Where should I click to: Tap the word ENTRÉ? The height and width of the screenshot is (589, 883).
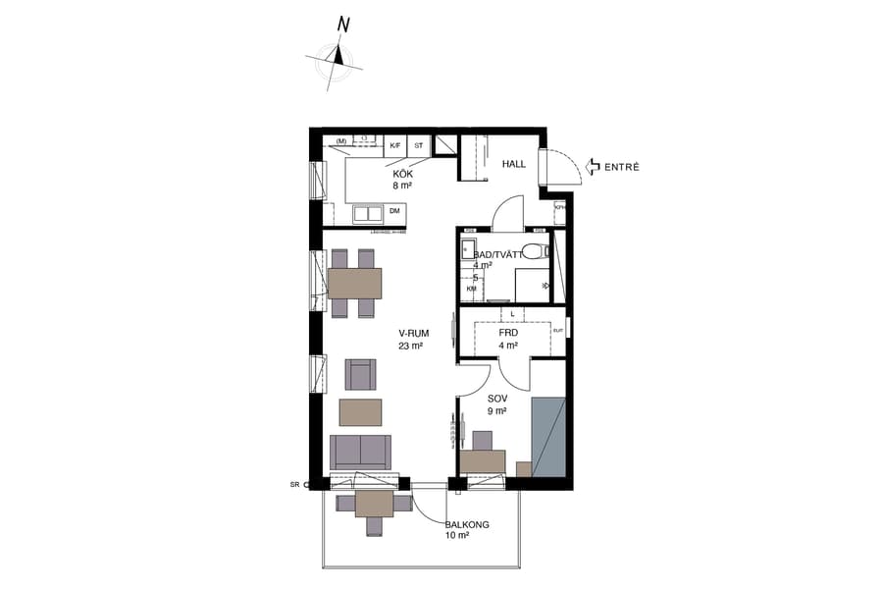(x=622, y=167)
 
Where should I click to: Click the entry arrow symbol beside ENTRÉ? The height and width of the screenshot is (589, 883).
(x=593, y=167)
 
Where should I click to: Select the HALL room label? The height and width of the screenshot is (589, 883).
(x=514, y=165)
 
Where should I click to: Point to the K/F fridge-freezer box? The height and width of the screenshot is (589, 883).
(x=395, y=144)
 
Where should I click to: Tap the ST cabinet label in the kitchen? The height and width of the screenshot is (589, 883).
(x=419, y=144)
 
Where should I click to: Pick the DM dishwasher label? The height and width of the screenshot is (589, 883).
(x=394, y=211)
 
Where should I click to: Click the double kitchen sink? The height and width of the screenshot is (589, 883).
(x=368, y=213)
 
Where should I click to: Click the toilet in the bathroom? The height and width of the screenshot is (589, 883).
(x=535, y=250)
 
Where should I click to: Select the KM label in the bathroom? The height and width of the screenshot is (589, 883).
(x=472, y=290)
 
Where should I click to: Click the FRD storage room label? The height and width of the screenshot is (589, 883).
(x=507, y=333)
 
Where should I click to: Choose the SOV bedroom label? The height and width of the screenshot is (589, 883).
(x=496, y=400)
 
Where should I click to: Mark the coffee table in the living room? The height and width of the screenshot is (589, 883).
(x=360, y=408)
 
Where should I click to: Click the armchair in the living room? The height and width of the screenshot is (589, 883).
(x=360, y=373)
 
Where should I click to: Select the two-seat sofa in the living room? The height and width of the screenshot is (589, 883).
(x=360, y=452)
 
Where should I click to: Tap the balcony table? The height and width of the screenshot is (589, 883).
(x=374, y=504)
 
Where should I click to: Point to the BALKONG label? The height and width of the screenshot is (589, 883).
(x=467, y=525)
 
